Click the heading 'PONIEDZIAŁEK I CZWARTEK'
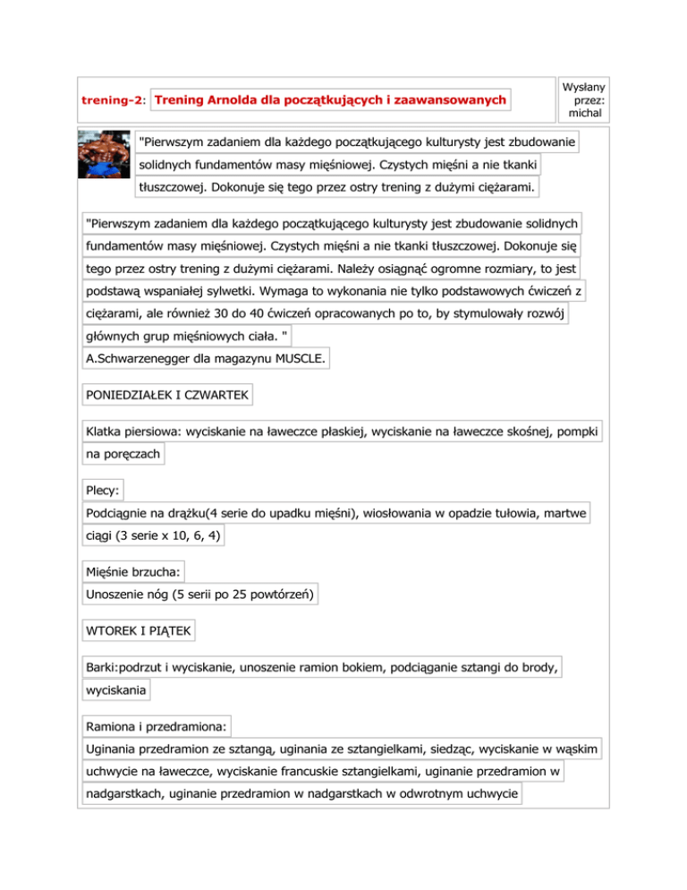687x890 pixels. (167, 394)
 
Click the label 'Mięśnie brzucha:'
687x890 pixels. (133, 570)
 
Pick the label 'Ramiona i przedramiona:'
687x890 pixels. (155, 722)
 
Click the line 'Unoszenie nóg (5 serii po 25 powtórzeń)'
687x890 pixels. (201, 594)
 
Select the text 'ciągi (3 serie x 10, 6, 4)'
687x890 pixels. (152, 536)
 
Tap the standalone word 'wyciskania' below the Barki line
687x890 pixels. (115, 691)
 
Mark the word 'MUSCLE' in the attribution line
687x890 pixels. (300, 359)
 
